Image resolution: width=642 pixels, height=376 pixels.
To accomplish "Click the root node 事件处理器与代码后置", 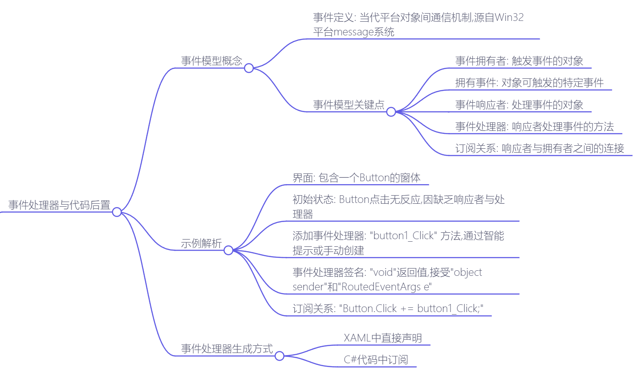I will point(59,205).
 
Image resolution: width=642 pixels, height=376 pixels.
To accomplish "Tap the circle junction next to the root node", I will point(117,212).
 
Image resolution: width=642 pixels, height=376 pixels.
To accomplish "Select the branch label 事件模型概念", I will point(212,61).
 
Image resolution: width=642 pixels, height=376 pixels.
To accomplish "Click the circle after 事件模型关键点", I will point(391,112).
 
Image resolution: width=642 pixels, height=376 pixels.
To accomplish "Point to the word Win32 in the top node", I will point(509,17).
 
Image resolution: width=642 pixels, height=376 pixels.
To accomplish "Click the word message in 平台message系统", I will point(353,32).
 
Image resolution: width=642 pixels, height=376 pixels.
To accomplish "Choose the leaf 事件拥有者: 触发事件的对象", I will point(519,61).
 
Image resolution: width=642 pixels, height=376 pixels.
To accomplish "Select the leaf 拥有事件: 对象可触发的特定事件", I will point(529,83).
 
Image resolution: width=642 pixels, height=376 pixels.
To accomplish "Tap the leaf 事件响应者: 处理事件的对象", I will point(519,105).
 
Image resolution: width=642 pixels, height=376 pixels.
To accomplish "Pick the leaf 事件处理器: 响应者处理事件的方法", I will point(535,127).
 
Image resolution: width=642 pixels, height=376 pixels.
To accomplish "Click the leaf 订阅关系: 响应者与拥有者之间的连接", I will point(540,148).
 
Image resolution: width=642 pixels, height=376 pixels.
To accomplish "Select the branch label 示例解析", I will point(201,243).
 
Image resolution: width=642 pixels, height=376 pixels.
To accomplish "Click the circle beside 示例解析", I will point(229,250).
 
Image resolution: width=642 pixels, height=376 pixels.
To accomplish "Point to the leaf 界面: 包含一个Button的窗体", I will point(357,178).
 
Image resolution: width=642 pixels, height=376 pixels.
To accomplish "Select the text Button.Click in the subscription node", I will point(370,309).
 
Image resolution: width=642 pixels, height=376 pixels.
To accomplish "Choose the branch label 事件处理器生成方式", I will point(227,349).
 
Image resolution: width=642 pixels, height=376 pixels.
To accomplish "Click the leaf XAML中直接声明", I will point(383,338).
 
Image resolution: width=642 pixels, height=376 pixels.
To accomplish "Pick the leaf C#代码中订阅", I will point(376,360).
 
